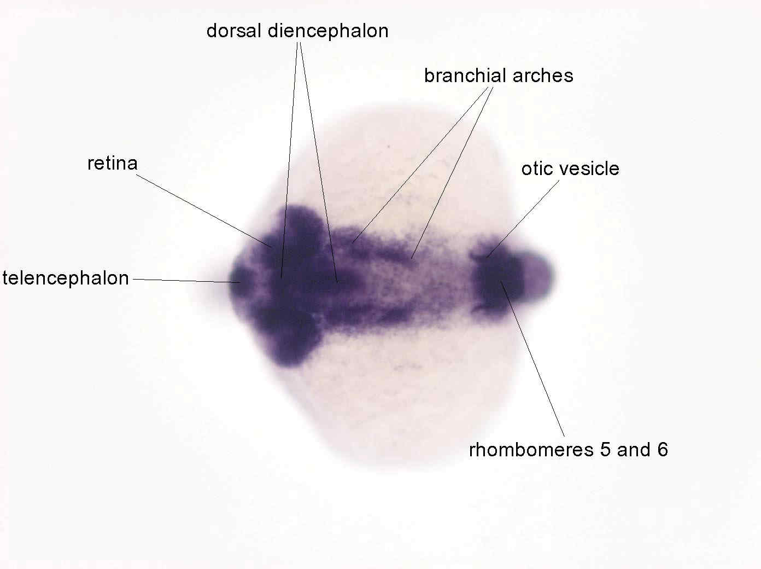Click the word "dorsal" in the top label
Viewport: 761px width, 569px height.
pyautogui.click(x=233, y=31)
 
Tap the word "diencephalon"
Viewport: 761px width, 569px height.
pyautogui.click(x=328, y=31)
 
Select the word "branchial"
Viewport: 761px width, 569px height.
pyautogui.click(x=465, y=76)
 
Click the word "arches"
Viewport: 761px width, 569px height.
pyautogui.click(x=542, y=76)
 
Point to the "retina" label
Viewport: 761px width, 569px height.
pyautogui.click(x=113, y=163)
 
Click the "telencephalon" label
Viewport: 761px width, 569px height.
pyautogui.click(x=66, y=278)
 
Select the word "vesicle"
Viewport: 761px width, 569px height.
pyautogui.click(x=590, y=169)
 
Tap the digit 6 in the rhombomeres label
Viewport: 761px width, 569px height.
pyautogui.click(x=663, y=450)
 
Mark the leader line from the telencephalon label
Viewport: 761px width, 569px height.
pyautogui.click(x=186, y=281)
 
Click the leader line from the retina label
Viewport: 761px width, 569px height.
pyautogui.click(x=203, y=211)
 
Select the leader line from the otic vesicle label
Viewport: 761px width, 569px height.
pyautogui.click(x=523, y=219)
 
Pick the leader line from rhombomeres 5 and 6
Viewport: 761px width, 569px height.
pyautogui.click(x=532, y=359)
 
